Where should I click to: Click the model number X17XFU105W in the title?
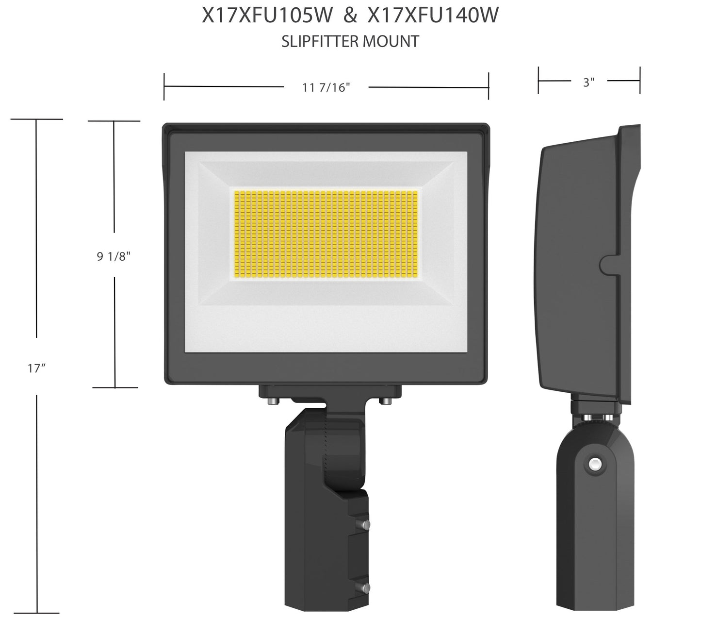[x=267, y=17]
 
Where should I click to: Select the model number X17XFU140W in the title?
[x=433, y=17]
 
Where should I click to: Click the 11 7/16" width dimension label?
[x=326, y=87]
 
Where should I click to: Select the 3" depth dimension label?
[x=588, y=83]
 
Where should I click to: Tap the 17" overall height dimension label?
[x=36, y=368]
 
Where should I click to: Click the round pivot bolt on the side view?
[x=593, y=465]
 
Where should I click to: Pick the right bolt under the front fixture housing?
[x=386, y=401]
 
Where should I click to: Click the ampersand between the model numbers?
[x=349, y=17]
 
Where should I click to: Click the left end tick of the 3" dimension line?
[x=538, y=81]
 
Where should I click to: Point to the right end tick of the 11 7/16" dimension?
[x=489, y=86]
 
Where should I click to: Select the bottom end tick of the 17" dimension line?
[x=37, y=613]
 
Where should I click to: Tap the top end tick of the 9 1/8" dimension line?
[x=114, y=121]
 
